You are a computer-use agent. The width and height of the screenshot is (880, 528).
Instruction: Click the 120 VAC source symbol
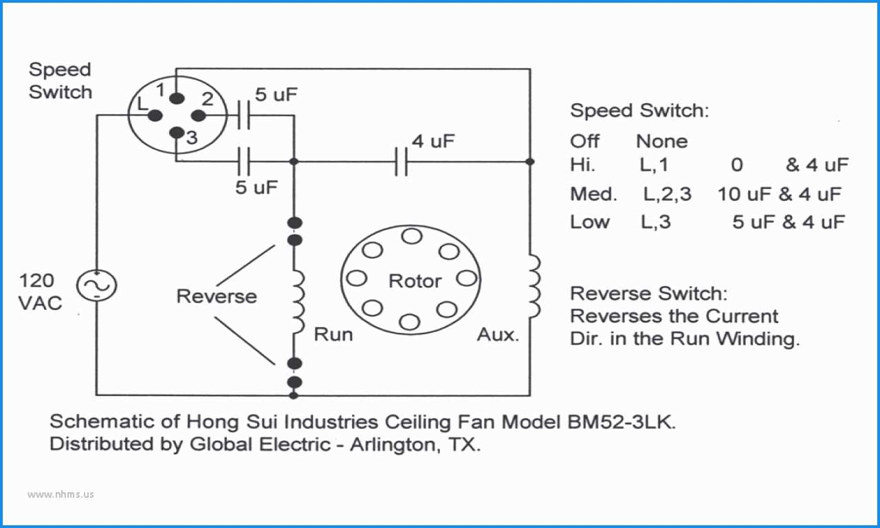(96, 285)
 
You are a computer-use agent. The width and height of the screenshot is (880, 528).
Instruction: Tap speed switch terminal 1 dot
(177, 98)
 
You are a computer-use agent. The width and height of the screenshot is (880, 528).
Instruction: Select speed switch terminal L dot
(155, 115)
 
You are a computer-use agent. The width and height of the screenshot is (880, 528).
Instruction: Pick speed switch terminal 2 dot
(199, 116)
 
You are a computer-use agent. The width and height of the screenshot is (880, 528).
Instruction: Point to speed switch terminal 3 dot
(177, 133)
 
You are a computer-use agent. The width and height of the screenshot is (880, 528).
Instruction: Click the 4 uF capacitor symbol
(401, 162)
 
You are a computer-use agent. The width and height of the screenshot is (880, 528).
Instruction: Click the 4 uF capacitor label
(433, 141)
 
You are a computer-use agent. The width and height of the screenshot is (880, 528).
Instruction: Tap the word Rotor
(415, 281)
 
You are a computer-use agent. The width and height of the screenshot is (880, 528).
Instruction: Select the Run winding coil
(298, 302)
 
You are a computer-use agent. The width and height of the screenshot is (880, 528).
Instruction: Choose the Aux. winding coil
(534, 286)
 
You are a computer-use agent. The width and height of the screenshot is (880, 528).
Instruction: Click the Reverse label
(217, 296)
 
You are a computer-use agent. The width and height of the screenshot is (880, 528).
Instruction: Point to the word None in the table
(662, 141)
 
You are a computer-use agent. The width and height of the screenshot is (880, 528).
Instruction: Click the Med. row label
(593, 194)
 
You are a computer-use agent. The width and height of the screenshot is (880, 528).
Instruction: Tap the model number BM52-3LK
(622, 422)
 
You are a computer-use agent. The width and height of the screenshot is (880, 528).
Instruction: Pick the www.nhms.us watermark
(60, 494)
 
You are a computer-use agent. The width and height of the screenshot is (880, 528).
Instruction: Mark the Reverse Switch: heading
(648, 294)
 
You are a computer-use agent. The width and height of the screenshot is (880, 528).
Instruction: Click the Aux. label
(498, 335)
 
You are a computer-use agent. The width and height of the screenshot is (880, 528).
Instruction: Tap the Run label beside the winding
(333, 335)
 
